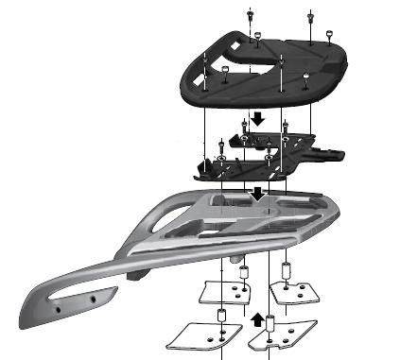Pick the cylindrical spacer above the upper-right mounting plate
pos(287,272)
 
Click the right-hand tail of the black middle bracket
pos(335,152)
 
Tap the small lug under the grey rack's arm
pos(235,257)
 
